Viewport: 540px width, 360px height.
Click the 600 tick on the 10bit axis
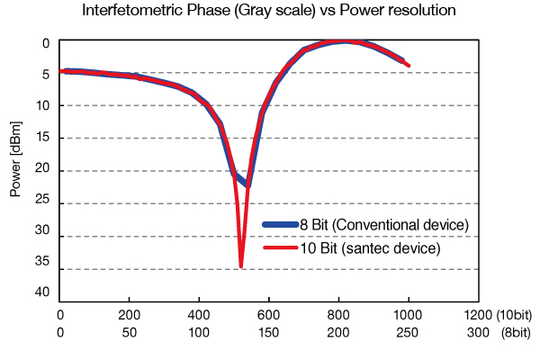(268, 314)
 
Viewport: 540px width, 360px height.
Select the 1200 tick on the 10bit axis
(477, 314)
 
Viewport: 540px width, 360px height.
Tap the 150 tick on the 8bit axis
(268, 333)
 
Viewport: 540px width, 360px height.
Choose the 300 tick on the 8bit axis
(477, 333)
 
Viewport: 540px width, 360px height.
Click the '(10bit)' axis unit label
(516, 314)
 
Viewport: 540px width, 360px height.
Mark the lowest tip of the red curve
(241, 265)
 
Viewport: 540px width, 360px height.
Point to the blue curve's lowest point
(248, 184)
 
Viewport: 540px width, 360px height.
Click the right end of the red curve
(409, 66)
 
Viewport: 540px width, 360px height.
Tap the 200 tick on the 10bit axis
(129, 314)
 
